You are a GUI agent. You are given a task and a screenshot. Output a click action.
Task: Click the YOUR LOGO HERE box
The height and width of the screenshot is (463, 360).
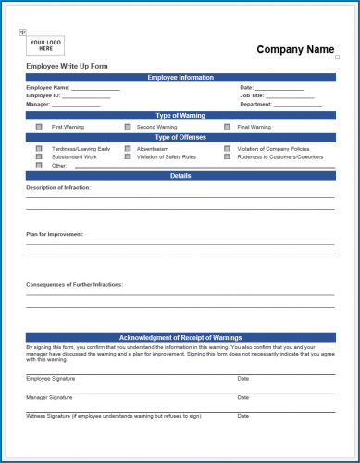pos(45,45)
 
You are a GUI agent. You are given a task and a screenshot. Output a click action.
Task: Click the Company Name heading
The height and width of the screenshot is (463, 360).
pos(295,49)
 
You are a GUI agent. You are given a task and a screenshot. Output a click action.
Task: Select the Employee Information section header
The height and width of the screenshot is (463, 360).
pos(180,78)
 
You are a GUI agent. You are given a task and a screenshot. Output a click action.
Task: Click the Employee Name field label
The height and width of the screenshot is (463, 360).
pos(47,87)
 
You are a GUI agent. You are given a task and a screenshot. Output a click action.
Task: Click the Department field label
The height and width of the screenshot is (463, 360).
pos(255,105)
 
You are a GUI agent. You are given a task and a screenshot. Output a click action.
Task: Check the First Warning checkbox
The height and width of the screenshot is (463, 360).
pos(39,126)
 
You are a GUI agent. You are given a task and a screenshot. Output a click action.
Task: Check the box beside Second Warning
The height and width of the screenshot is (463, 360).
pos(127,126)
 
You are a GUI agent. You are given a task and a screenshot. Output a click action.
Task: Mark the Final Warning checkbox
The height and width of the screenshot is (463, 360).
pos(227,126)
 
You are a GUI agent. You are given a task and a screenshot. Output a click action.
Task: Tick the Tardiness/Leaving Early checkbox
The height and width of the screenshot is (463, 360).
pos(39,148)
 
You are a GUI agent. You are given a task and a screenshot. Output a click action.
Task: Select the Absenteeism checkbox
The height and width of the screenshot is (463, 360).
pos(127,148)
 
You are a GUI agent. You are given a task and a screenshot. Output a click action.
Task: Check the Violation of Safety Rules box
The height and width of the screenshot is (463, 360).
pos(127,156)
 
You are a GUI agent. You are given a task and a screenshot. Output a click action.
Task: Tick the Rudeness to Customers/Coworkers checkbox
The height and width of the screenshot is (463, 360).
pos(227,156)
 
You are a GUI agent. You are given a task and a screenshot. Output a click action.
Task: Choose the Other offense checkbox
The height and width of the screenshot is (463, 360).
pos(39,165)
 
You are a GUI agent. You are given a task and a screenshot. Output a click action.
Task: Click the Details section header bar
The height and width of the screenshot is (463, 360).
pos(180,175)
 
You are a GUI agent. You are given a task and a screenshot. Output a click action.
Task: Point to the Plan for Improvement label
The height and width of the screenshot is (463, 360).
pos(55,234)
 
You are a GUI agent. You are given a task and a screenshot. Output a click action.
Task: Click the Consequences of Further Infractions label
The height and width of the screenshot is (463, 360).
pos(74,284)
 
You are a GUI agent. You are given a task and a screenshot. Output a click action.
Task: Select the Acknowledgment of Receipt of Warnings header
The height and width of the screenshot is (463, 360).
pos(180,338)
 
